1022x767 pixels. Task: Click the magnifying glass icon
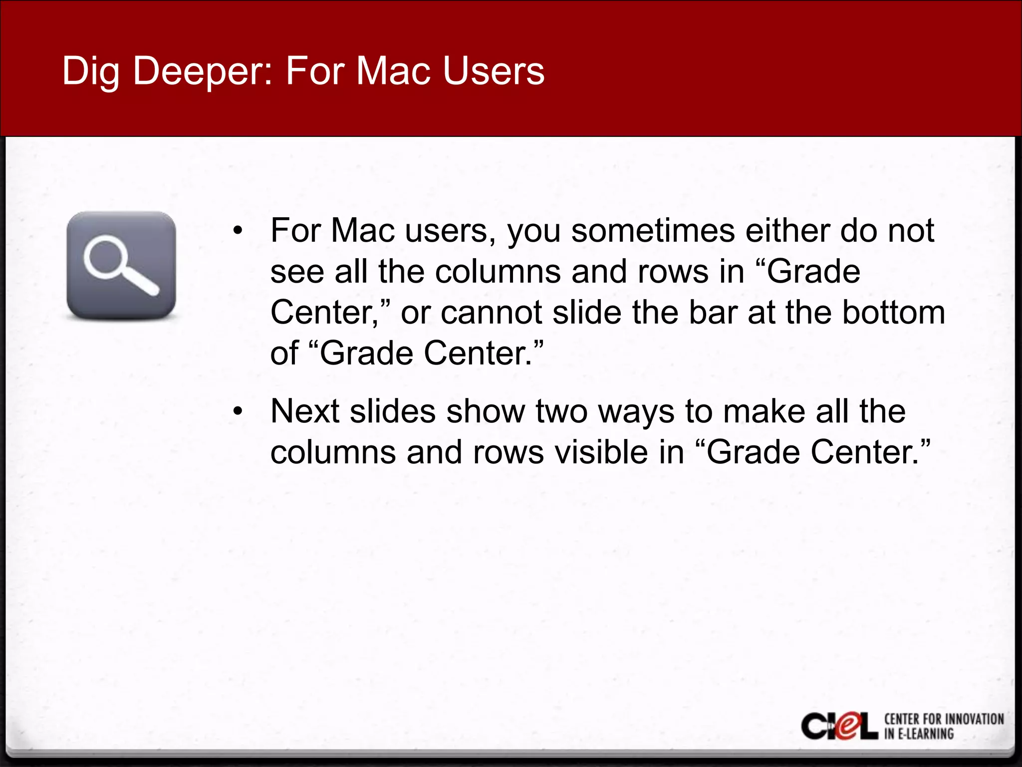click(121, 265)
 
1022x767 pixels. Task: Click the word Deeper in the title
click(202, 71)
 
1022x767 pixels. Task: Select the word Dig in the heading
click(90, 71)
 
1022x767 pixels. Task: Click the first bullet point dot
click(238, 231)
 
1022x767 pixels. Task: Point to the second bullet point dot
click(238, 411)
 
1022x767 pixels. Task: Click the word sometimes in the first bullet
click(653, 231)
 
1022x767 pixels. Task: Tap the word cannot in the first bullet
click(491, 313)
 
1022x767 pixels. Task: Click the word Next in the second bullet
click(304, 411)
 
